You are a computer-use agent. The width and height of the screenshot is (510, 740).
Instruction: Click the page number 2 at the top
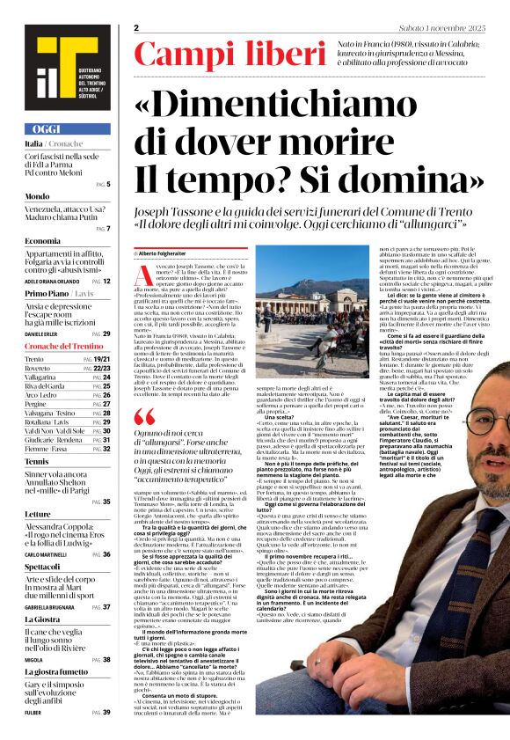click(x=137, y=28)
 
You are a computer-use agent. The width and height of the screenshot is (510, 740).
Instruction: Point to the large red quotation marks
click(x=145, y=416)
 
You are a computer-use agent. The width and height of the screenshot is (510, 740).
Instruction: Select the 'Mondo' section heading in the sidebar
click(x=37, y=196)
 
